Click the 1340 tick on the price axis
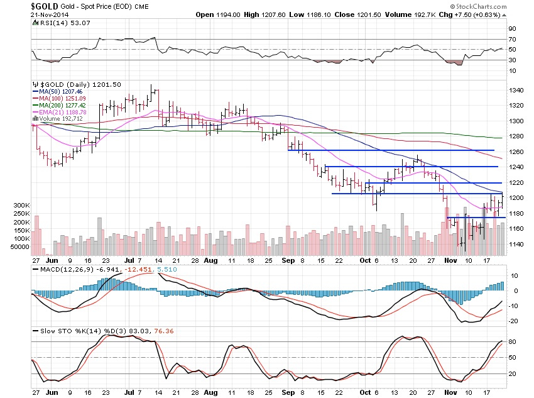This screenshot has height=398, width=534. coord(516,91)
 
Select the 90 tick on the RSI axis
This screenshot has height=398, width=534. coord(513,29)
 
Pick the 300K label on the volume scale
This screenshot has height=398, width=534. coord(20,206)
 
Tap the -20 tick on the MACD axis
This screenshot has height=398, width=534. coord(513,321)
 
